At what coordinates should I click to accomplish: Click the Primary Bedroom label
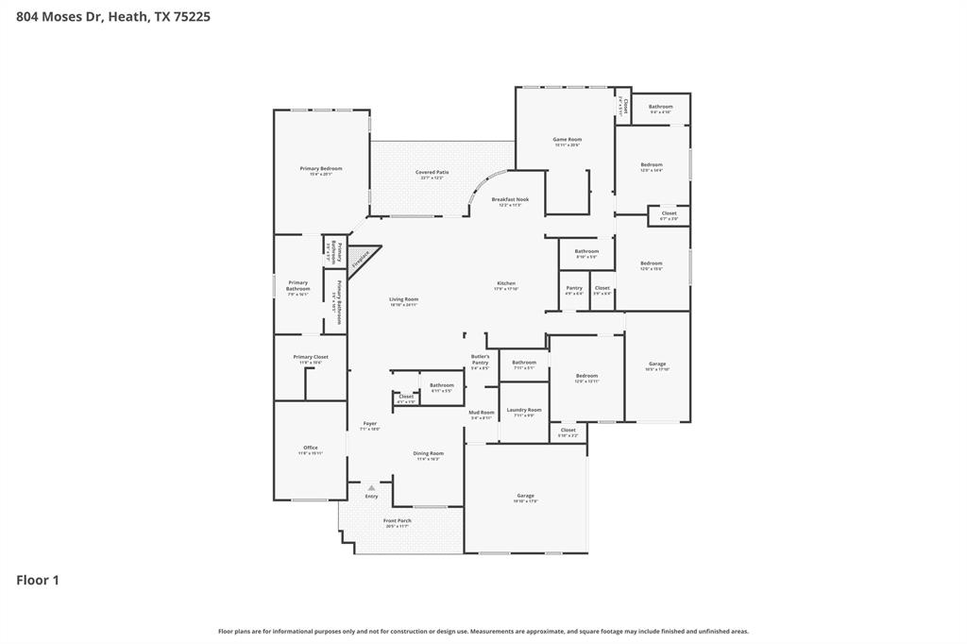click(321, 169)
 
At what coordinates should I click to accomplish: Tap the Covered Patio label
click(433, 173)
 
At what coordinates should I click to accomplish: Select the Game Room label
click(567, 140)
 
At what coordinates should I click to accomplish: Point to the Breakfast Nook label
click(510, 200)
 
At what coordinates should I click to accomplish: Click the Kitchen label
click(507, 284)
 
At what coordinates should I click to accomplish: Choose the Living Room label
click(403, 300)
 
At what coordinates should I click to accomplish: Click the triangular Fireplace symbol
click(362, 259)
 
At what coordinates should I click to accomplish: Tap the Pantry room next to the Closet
click(574, 289)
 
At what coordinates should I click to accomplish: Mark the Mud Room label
click(482, 413)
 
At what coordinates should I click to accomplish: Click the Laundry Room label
click(524, 411)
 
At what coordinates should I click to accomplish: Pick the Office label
click(311, 448)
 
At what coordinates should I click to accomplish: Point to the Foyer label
click(369, 424)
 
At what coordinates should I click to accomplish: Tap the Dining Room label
click(428, 453)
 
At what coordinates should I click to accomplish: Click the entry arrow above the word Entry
click(371, 487)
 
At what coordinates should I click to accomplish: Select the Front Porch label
click(397, 521)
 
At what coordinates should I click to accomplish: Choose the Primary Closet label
click(311, 357)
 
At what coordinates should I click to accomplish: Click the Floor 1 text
click(38, 581)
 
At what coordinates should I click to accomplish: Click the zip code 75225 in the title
click(192, 16)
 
